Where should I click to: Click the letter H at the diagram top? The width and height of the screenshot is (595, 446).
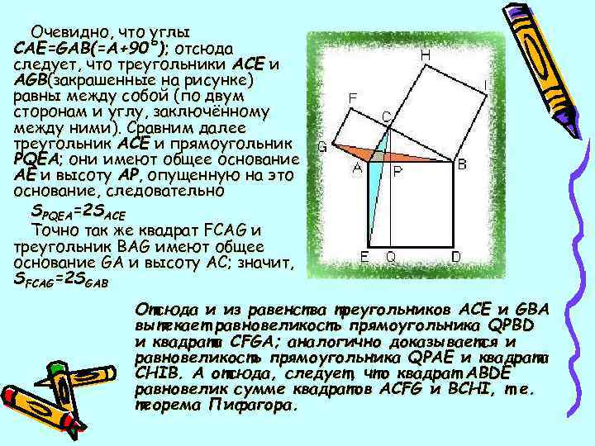pyautogui.click(x=424, y=55)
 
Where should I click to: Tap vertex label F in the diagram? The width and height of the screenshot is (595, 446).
pyautogui.click(x=352, y=97)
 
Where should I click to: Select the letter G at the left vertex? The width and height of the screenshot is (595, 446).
pyautogui.click(x=323, y=149)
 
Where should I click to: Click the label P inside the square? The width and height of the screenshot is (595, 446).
pyautogui.click(x=397, y=171)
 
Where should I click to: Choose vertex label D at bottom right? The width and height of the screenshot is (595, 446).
pyautogui.click(x=456, y=257)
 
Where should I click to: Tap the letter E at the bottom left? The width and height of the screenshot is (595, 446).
pyautogui.click(x=364, y=257)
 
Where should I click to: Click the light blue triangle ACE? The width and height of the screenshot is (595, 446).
pyautogui.click(x=374, y=190)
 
